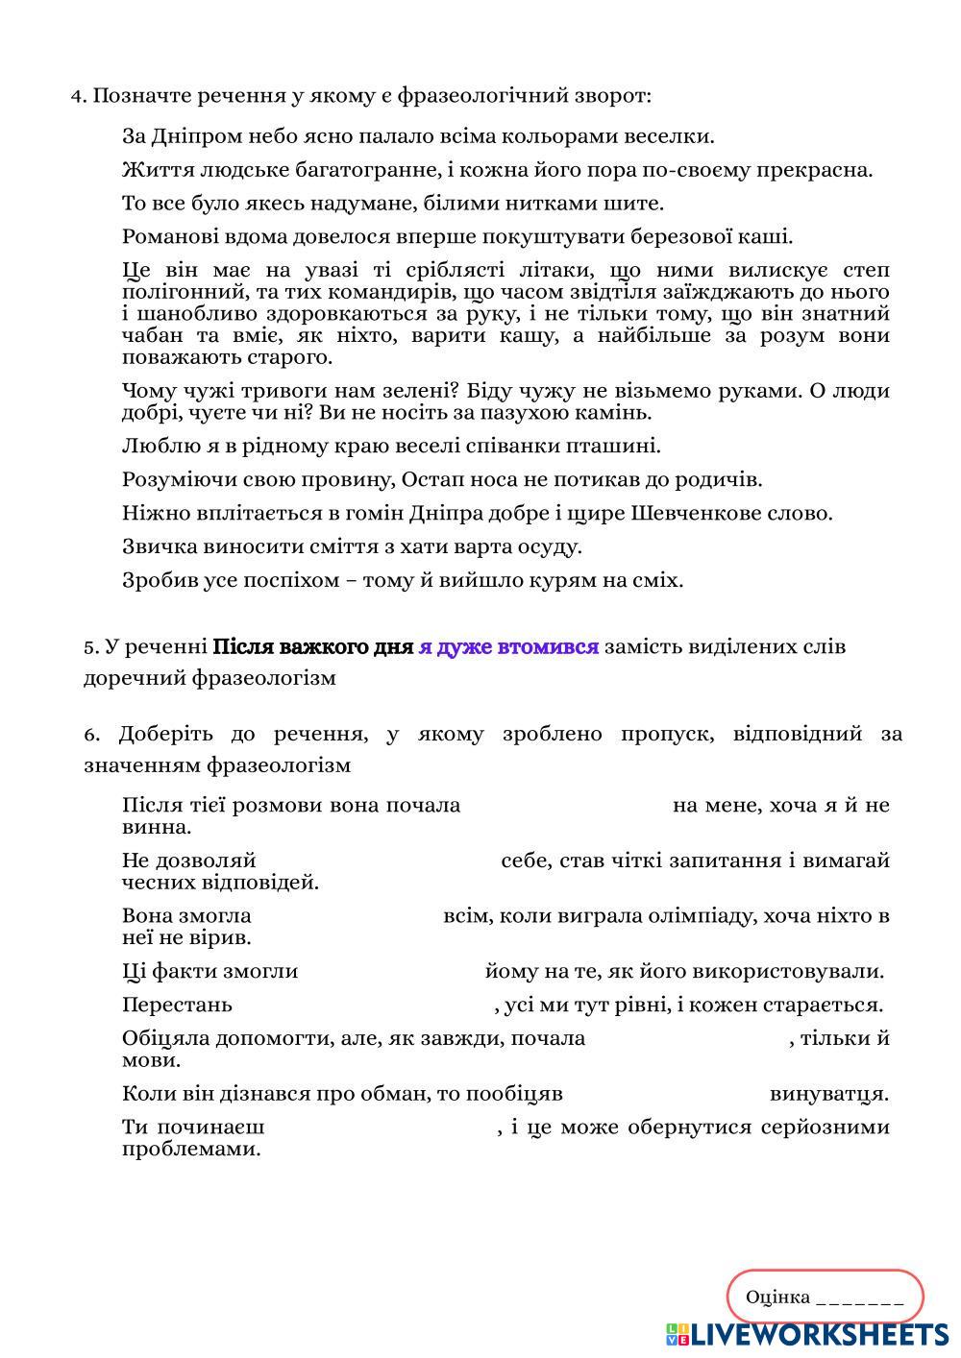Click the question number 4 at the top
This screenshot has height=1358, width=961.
click(77, 96)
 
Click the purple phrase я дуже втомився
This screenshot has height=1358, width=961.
click(508, 647)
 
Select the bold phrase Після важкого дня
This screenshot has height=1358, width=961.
click(312, 647)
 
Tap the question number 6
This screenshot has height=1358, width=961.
click(91, 735)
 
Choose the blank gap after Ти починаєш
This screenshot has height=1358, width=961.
click(381, 1127)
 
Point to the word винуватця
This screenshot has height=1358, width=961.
click(828, 1094)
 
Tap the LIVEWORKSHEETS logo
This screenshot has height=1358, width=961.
click(807, 1334)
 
